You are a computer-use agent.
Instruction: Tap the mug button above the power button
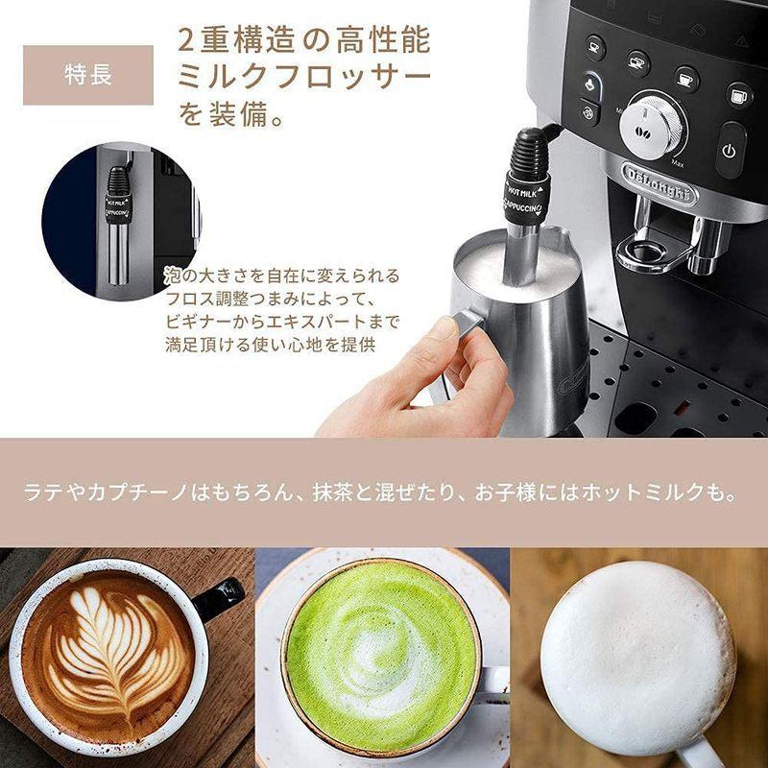(737, 94)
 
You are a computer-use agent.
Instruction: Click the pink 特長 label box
(88, 75)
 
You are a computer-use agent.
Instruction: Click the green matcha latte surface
(380, 653)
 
